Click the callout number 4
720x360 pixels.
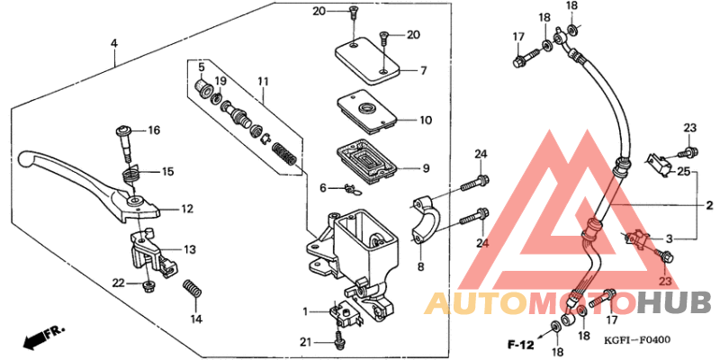[x=114, y=43]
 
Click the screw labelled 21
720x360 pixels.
[x=339, y=340]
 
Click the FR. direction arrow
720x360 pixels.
[x=40, y=339]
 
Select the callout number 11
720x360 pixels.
[x=263, y=82]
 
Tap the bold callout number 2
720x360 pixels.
[x=708, y=206]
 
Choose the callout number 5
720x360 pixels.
[x=202, y=67]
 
